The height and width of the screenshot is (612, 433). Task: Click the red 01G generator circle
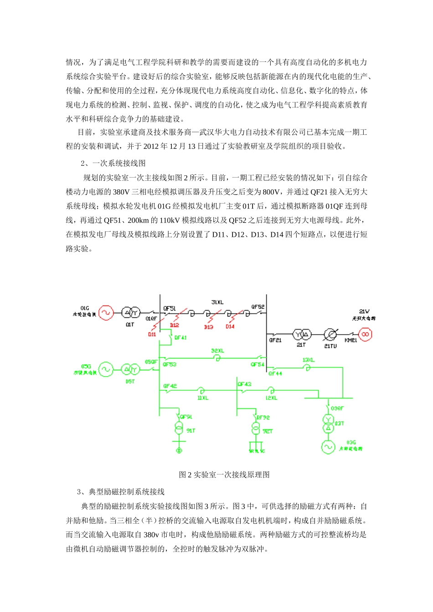tap(106, 312)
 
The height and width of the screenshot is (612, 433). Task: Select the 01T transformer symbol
tap(131, 312)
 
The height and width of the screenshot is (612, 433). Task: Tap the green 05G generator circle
tap(106, 369)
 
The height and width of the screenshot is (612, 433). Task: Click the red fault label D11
tap(152, 334)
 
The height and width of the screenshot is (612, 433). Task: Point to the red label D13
tap(209, 327)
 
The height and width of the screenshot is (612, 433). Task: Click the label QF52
tap(258, 307)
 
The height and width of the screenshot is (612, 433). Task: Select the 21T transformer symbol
tap(302, 335)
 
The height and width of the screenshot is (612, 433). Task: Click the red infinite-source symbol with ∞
tap(365, 335)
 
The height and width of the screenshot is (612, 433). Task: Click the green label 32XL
tap(217, 351)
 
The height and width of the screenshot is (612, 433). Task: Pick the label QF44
tap(275, 373)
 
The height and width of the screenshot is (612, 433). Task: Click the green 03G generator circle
tap(328, 447)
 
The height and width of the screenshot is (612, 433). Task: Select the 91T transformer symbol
tap(179, 428)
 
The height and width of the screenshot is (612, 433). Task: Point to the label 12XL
tap(271, 398)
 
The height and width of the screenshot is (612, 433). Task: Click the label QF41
tap(180, 338)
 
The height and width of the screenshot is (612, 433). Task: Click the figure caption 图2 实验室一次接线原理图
tap(224, 475)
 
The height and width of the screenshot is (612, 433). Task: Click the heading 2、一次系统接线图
tap(113, 163)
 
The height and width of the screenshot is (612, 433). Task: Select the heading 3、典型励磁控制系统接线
tap(121, 492)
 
